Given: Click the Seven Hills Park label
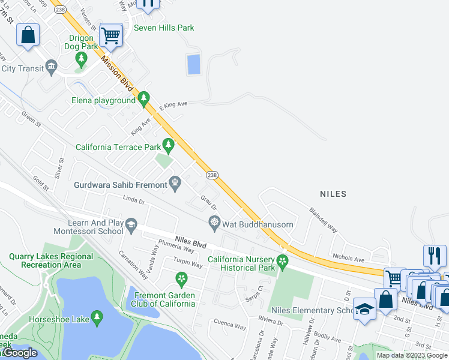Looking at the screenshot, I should tap(164, 28).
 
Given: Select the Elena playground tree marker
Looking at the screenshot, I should tap(143, 97).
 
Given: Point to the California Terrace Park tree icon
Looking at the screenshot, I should tap(169, 144).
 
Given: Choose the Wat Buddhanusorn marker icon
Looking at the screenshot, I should tap(214, 222).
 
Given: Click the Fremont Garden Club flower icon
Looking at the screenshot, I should tap(181, 279).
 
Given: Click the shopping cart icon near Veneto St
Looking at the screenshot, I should tap(111, 35).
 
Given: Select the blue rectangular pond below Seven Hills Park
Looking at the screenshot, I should tap(193, 64).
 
